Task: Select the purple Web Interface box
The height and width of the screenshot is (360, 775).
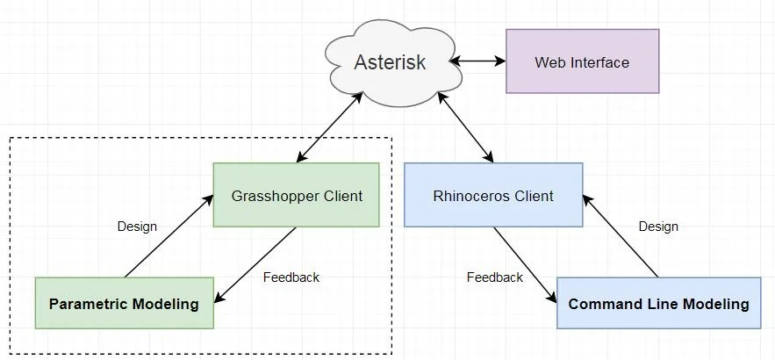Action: pyautogui.click(x=582, y=62)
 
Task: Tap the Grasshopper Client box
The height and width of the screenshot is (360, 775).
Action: pyautogui.click(x=296, y=195)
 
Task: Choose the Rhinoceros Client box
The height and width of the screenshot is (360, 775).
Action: pyautogui.click(x=493, y=196)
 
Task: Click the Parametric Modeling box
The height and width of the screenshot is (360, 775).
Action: pyautogui.click(x=124, y=304)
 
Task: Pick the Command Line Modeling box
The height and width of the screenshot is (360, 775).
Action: pyautogui.click(x=658, y=304)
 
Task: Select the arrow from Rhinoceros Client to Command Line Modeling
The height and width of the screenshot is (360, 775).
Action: pyautogui.click(x=525, y=265)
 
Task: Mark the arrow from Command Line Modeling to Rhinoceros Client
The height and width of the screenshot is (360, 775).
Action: pyautogui.click(x=620, y=235)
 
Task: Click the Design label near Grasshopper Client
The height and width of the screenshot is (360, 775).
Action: pyautogui.click(x=137, y=226)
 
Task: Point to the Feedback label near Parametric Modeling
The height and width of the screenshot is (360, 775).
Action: pyautogui.click(x=291, y=277)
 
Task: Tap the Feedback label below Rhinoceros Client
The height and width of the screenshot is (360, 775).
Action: pyautogui.click(x=494, y=277)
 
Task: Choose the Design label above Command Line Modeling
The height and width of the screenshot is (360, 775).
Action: pyautogui.click(x=658, y=226)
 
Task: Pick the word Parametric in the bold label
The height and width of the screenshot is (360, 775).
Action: pyautogui.click(x=89, y=304)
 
